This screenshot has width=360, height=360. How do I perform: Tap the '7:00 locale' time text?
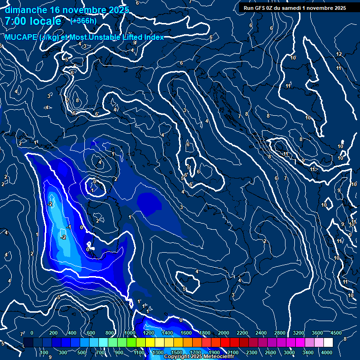tap(33, 21)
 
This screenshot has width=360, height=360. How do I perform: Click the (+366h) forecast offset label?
tap(83, 21)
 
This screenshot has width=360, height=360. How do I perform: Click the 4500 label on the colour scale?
tap(336, 333)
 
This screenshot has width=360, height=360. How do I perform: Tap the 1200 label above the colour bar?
tap(148, 333)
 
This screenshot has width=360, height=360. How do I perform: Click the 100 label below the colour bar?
tap(44, 352)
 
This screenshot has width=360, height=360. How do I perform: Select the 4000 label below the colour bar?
tap(327, 352)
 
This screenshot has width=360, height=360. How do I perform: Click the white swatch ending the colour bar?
tap(328, 343)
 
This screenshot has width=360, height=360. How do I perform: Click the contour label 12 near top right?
tap(338, 54)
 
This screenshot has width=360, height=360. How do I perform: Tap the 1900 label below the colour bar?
tap(214, 352)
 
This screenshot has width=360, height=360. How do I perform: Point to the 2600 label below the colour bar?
tap(270, 352)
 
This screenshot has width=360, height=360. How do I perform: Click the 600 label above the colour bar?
tap(91, 333)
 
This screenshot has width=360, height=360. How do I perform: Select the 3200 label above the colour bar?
tap(299, 333)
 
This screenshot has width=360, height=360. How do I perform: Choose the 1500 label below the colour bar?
tap(177, 352)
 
